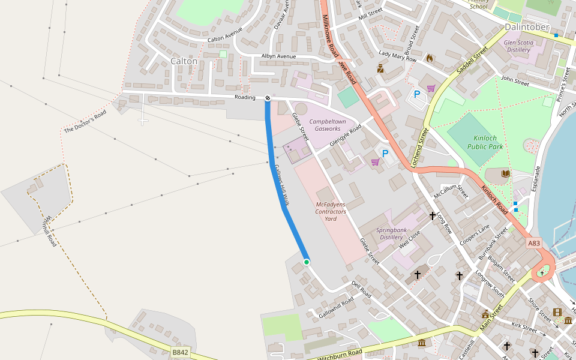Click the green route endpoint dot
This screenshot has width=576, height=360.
point(307,262)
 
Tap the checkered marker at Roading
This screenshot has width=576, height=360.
point(268,98)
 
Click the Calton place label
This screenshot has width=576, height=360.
point(184,61)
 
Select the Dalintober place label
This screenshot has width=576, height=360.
point(527,27)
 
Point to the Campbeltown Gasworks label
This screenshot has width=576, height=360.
point(328,125)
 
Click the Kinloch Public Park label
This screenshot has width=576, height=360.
point(485,142)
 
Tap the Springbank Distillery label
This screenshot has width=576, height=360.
point(391,234)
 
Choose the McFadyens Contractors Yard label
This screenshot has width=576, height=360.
point(331,212)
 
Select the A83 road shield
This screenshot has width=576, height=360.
point(534,243)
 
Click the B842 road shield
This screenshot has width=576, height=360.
point(180,352)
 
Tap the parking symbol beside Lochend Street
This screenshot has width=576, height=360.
point(417,94)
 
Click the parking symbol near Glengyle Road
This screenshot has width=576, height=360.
point(385,154)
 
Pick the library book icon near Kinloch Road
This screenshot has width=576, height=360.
point(506,174)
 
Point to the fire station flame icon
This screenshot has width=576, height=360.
point(429,58)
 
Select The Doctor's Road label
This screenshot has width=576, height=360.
point(85,122)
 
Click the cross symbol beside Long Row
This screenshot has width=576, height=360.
point(432,215)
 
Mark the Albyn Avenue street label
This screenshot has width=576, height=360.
point(278,56)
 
